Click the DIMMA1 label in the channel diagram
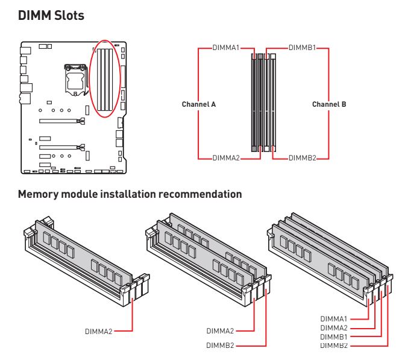pyautogui.click(x=226, y=46)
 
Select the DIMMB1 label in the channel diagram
pyautogui.click(x=302, y=46)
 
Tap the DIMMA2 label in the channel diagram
pyautogui.click(x=226, y=158)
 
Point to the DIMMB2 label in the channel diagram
pyautogui.click(x=302, y=158)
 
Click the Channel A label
pyautogui.click(x=199, y=104)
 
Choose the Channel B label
pyautogui.click(x=329, y=104)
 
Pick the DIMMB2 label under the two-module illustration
pyautogui.click(x=221, y=346)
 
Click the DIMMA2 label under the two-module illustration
pyautogui.click(x=221, y=330)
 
